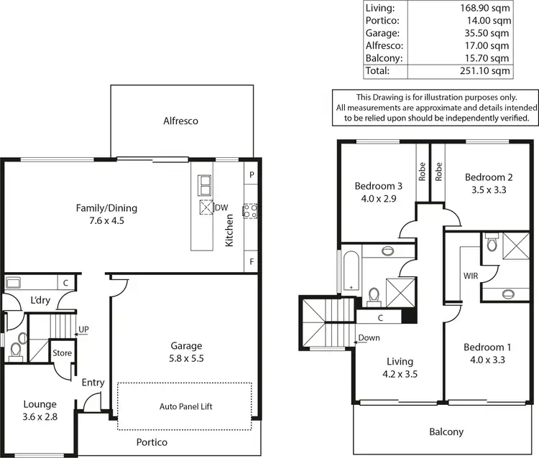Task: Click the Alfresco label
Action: (180, 121)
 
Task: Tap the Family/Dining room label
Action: (106, 208)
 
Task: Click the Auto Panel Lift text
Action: (185, 406)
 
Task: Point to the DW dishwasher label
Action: (221, 207)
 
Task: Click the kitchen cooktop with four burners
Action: (251, 210)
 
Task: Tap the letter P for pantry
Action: (252, 175)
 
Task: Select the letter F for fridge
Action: (252, 261)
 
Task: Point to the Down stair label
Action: (369, 337)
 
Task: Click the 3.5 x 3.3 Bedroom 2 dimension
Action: (489, 190)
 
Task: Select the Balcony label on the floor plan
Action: (446, 432)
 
